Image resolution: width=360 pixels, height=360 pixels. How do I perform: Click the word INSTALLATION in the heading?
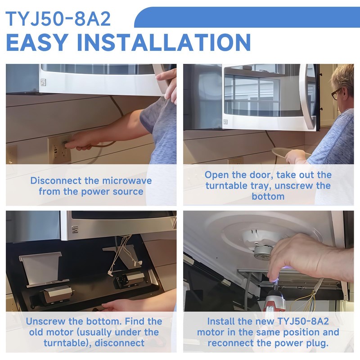164,42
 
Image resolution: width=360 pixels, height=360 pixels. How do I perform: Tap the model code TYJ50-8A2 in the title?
58,19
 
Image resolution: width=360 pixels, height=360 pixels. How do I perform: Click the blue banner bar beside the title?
247,17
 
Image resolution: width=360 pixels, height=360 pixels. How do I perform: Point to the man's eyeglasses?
336,94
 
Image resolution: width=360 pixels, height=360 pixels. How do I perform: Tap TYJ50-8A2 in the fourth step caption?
303,321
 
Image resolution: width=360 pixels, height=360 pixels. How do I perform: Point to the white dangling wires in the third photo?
124,255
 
